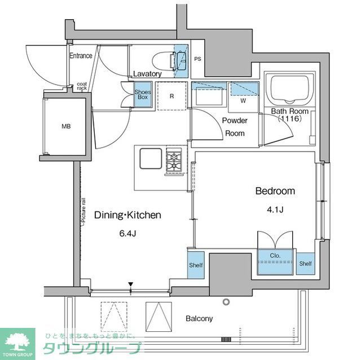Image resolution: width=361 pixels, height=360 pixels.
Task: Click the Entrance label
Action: click(81, 56)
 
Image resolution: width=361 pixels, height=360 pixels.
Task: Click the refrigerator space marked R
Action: click(171, 95)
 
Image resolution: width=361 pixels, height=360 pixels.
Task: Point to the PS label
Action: click(197, 59)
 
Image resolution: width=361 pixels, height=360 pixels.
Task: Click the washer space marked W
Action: click(243, 102)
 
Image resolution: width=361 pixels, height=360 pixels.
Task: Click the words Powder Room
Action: click(235, 127)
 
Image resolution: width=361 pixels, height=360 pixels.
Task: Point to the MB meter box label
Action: click(67, 126)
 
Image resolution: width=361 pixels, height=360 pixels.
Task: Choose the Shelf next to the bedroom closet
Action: click(306, 263)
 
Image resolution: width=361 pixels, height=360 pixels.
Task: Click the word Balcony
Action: click(199, 319)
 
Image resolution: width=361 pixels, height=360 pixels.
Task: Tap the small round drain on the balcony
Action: click(226, 302)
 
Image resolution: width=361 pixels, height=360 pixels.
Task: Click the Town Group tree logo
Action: click(16, 341)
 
